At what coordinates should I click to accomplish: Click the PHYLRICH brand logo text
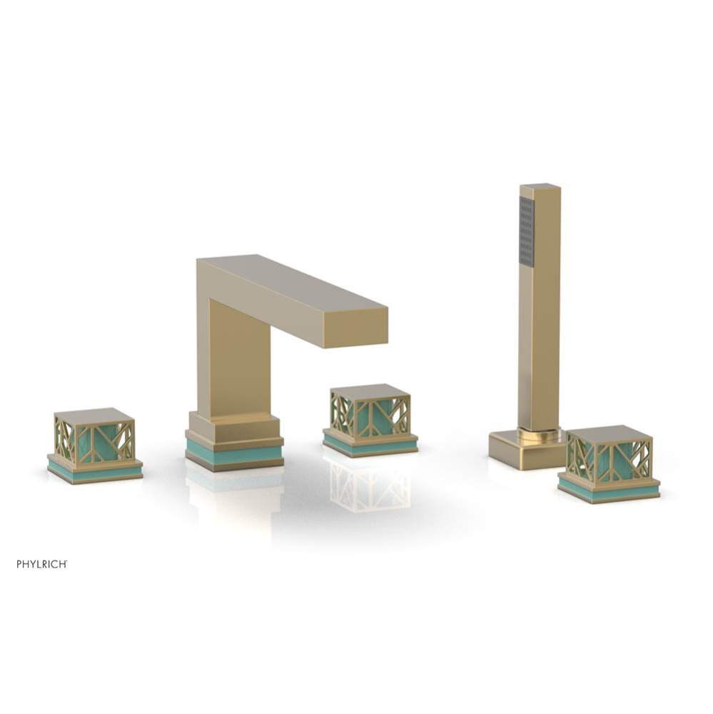42,564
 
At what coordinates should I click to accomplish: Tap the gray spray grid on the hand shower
527,231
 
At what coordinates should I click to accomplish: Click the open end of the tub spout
355,330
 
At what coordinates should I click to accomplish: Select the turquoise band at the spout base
234,454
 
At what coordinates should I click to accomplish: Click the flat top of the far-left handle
94,416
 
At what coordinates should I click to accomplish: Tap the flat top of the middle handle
370,391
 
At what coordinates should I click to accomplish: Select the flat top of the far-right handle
609,433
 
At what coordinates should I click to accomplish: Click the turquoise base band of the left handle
94,472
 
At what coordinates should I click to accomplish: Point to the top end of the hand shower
540,187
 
